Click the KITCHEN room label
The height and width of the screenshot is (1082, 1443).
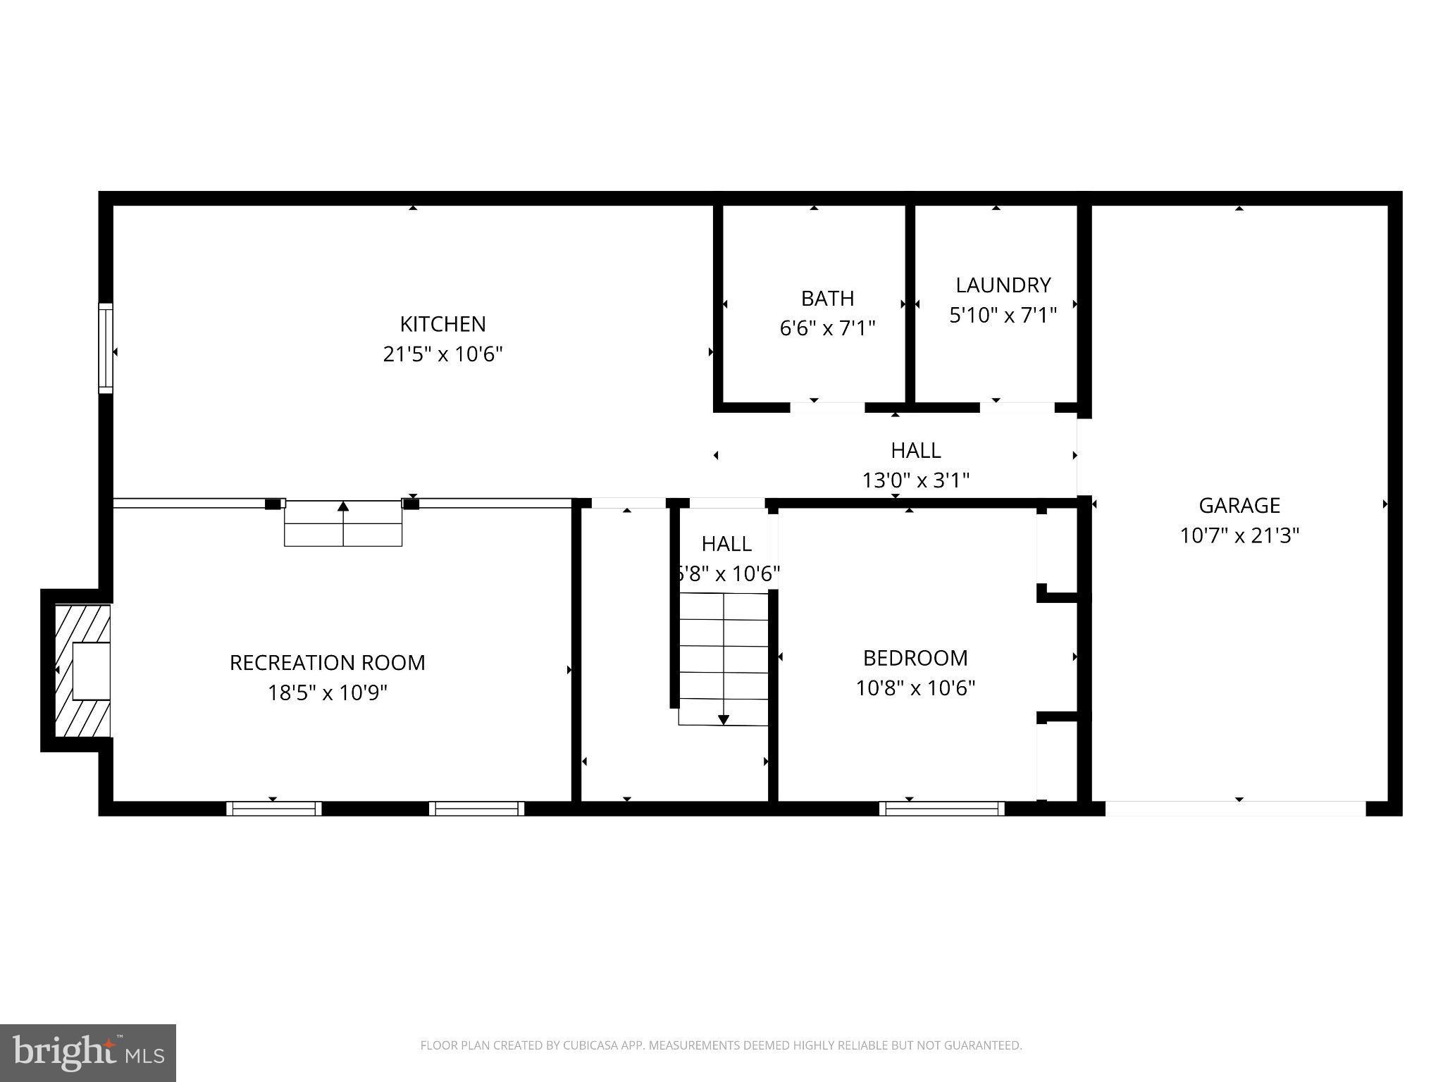click(442, 324)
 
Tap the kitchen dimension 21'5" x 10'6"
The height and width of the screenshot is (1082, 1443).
click(442, 354)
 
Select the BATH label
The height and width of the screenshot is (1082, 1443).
click(827, 299)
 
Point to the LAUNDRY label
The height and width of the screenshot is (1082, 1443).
click(1003, 285)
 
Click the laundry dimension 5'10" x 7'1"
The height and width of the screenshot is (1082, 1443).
click(1003, 315)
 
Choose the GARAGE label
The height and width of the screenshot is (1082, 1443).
click(1239, 505)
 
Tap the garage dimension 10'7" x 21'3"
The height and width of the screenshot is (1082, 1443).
click(1239, 535)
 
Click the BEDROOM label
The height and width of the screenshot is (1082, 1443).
click(915, 657)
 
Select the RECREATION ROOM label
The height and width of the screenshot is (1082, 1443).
click(327, 663)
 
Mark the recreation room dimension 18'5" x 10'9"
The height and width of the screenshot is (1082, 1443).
click(327, 693)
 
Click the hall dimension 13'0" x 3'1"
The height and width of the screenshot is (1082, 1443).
click(915, 480)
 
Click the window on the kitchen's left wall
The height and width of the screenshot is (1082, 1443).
click(105, 348)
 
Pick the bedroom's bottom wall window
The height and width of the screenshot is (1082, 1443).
click(942, 809)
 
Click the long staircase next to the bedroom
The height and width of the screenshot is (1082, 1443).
click(724, 659)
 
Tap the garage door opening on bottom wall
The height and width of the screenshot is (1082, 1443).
click(1235, 809)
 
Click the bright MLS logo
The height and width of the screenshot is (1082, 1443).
click(88, 1052)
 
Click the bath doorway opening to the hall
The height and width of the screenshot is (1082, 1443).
click(826, 407)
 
